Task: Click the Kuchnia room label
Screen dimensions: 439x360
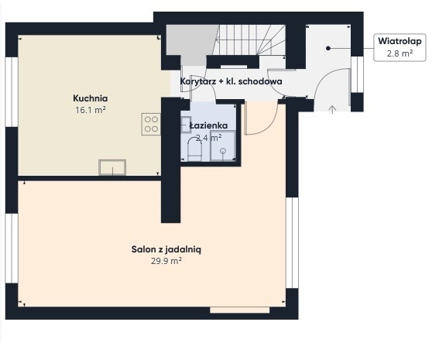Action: [90, 98]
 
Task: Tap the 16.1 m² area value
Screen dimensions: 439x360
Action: [90, 110]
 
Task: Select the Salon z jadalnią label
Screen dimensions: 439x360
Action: [166, 249]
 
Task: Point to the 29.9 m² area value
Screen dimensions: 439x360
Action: [166, 261]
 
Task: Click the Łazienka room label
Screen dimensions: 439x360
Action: [208, 125]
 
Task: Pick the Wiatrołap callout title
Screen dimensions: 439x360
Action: [400, 41]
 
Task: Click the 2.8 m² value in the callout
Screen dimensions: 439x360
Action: [400, 53]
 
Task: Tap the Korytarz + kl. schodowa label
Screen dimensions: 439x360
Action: [231, 81]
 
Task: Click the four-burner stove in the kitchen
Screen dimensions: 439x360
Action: [151, 124]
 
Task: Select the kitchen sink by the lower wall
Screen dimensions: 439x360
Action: [112, 167]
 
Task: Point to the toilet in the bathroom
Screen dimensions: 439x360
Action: [194, 149]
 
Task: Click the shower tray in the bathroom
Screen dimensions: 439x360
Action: [223, 146]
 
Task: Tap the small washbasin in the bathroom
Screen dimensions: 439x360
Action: [186, 125]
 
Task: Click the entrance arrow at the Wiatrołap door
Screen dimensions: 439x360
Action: [332, 109]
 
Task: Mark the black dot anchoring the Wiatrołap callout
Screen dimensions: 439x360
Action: [328, 49]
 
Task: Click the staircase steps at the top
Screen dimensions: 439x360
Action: [249, 39]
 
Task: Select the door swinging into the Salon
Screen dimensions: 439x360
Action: [261, 118]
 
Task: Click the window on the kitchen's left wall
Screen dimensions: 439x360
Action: [12, 92]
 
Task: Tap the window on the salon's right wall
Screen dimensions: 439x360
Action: [292, 242]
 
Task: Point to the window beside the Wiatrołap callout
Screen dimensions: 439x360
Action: [357, 74]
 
